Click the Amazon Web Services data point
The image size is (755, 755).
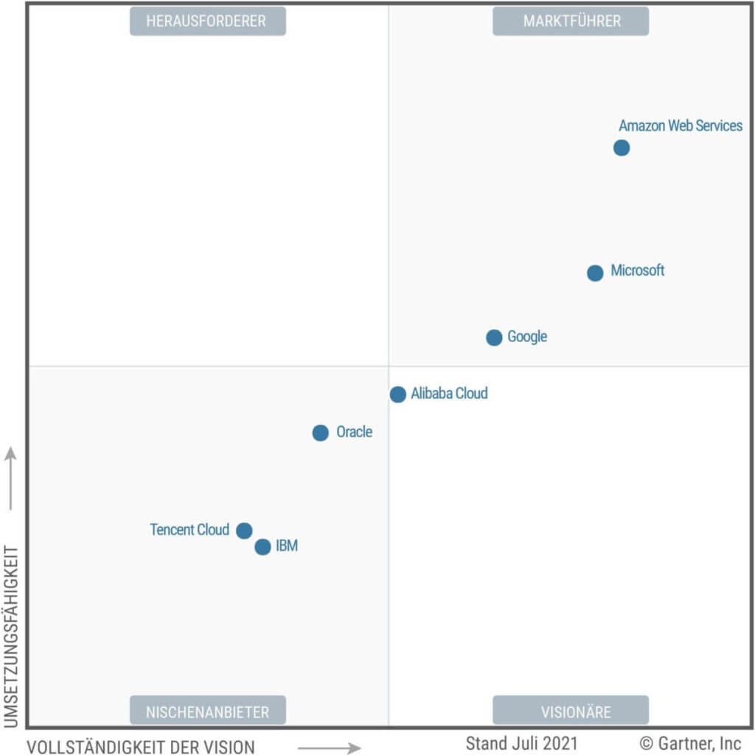tap(622, 148)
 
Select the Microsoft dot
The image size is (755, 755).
tap(595, 274)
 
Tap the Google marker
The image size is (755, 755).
tap(494, 338)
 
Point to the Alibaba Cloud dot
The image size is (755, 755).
tap(398, 394)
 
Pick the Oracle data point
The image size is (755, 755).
tap(320, 433)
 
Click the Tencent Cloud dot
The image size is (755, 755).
tap(244, 531)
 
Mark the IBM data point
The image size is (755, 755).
tap(262, 547)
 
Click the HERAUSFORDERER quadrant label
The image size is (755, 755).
tap(207, 21)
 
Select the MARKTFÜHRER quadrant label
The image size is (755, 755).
tap(571, 21)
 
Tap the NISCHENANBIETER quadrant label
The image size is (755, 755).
tap(207, 711)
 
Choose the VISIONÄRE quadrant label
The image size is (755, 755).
tap(571, 711)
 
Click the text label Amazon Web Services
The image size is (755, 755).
tap(681, 126)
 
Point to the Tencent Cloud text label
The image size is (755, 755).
tap(189, 530)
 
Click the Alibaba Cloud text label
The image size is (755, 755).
tap(450, 394)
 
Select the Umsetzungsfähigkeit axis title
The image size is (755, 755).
tap(10, 636)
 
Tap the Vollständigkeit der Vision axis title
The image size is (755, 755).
tap(141, 746)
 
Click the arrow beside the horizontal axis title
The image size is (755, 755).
tap(329, 748)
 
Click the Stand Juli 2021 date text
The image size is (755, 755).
tap(521, 742)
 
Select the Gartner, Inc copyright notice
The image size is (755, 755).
tap(690, 742)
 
